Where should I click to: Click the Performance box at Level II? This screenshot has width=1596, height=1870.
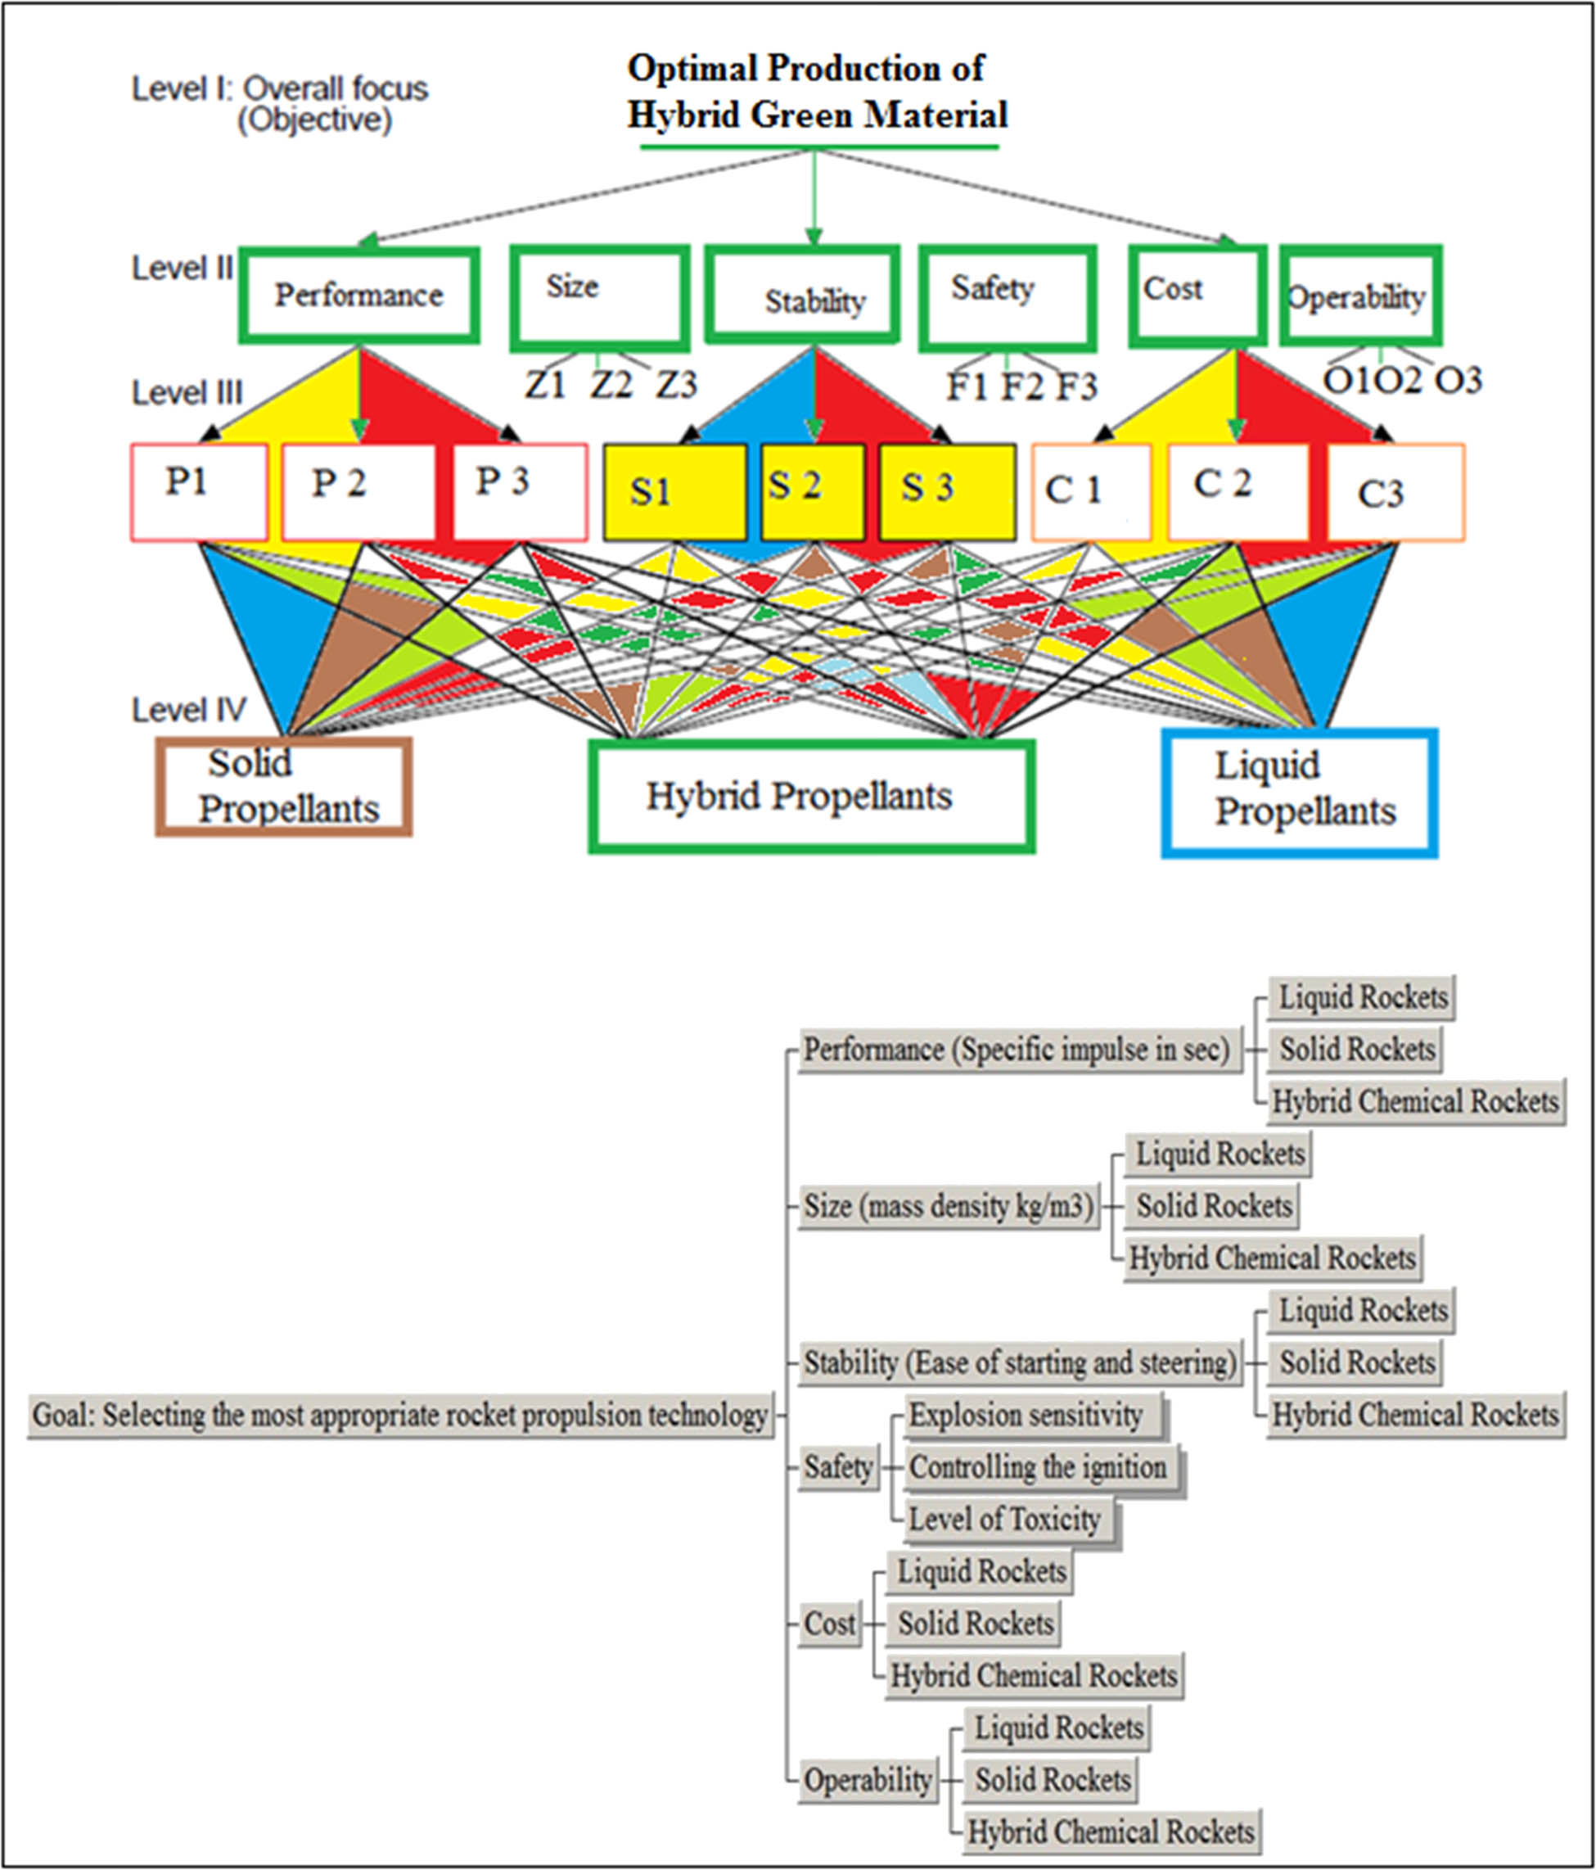(359, 295)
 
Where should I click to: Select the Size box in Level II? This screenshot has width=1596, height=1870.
(600, 298)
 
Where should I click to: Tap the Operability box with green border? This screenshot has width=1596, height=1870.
(1359, 296)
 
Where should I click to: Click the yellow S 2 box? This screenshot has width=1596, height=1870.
(812, 491)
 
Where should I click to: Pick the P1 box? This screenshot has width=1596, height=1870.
(200, 491)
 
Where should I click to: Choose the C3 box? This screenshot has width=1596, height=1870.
(1395, 493)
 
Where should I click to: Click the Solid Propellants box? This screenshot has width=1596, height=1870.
(284, 786)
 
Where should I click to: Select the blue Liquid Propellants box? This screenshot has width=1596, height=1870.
(1298, 792)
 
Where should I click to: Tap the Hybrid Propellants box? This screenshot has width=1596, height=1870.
(810, 796)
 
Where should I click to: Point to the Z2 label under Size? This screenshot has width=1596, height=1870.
(611, 386)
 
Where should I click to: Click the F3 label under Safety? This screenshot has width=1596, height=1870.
(1076, 387)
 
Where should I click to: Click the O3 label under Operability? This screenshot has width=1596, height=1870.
(1458, 380)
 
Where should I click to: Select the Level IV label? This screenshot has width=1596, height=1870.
(188, 709)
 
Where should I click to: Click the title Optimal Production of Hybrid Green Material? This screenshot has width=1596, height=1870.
(817, 92)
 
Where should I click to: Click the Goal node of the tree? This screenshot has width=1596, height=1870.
(399, 1414)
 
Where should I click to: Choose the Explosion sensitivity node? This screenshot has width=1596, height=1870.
(1026, 1414)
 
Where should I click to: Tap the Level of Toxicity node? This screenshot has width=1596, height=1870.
(1004, 1519)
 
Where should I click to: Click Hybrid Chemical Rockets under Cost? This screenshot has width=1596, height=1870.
(1034, 1675)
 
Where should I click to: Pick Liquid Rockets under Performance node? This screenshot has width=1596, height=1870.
(1362, 997)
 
